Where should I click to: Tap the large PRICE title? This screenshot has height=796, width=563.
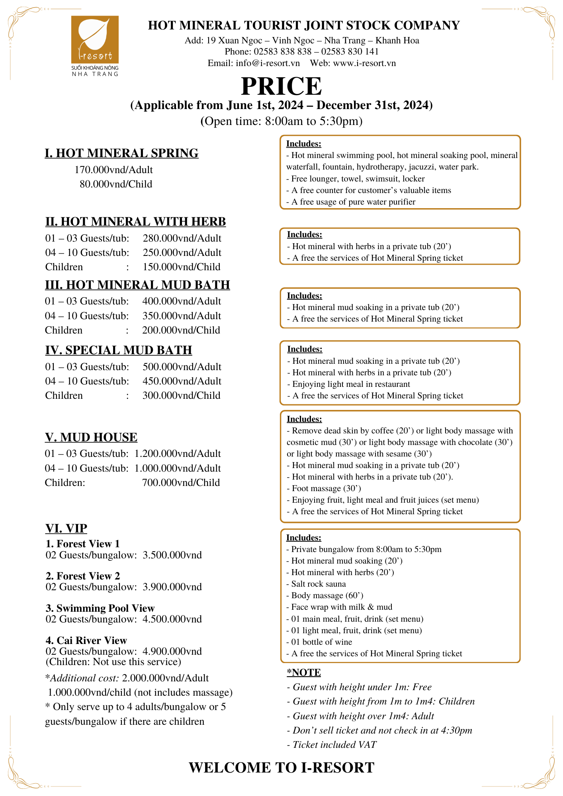point(281,86)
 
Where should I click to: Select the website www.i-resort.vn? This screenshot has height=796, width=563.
point(364,63)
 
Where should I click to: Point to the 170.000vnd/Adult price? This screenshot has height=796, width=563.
point(113,170)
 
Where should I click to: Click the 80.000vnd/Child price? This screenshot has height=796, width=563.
point(116,184)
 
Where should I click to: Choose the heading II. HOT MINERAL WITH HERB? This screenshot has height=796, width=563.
point(135,222)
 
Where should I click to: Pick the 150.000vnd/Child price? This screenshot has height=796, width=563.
point(182,267)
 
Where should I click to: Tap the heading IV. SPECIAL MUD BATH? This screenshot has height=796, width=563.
point(119,350)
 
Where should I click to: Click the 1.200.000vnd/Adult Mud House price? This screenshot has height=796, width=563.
point(178,454)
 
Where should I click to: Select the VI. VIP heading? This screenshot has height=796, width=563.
point(66,529)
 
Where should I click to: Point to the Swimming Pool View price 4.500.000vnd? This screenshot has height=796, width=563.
point(172,619)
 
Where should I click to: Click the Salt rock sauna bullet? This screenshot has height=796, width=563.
point(319,584)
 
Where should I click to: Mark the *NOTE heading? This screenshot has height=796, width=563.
point(304,673)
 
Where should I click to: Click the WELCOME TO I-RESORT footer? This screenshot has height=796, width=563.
point(281,768)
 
